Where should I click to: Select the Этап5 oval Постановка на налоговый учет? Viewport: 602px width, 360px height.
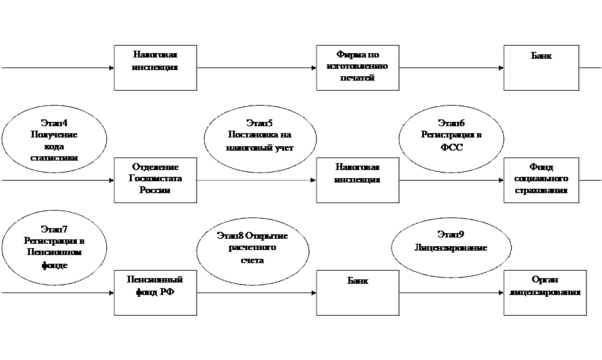259,136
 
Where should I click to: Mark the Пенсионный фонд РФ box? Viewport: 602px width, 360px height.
155,292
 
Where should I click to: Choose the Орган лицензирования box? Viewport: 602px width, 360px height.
545,292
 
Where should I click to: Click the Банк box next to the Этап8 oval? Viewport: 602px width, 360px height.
357,292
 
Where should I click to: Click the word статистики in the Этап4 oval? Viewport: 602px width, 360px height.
54,158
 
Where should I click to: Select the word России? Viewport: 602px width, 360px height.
155,191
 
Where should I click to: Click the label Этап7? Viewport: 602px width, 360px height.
54,229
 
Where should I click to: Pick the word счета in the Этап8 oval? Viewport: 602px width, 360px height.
252,260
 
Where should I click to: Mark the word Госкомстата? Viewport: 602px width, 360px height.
155,179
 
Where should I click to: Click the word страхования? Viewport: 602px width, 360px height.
541,191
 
